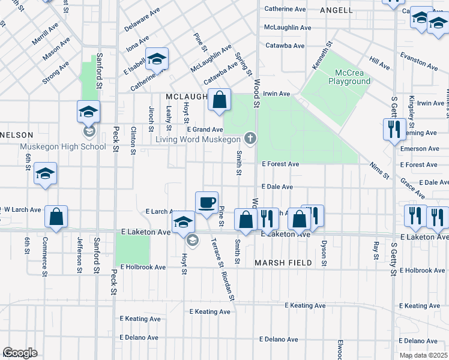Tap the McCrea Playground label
tap(349, 77)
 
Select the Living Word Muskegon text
tap(197, 140)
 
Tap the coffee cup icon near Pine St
tap(206, 202)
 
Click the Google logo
tap(20, 353)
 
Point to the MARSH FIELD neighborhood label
tap(283, 263)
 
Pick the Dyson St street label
tap(324, 252)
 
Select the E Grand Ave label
tap(205, 130)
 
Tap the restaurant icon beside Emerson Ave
tap(394, 128)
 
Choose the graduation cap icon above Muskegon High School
tap(88, 111)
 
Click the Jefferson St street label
tap(79, 255)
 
